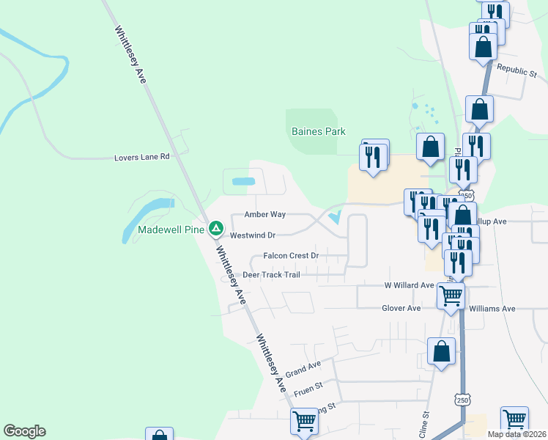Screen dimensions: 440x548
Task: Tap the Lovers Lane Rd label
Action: (142, 157)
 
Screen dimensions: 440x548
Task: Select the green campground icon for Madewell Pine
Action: (216, 229)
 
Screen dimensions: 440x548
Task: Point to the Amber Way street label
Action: (264, 215)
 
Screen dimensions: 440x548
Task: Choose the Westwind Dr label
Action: (252, 235)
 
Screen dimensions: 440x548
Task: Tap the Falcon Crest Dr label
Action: (291, 256)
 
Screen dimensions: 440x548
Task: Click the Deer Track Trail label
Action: (271, 275)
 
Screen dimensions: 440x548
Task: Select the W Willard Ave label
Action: (410, 285)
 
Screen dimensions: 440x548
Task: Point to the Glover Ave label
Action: (401, 308)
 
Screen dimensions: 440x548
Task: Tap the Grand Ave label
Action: (303, 370)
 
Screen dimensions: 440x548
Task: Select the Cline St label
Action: (424, 425)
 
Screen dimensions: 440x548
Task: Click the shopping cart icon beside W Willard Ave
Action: (451, 296)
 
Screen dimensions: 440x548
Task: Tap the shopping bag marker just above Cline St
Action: (441, 351)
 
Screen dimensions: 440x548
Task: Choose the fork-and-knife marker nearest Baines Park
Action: (373, 155)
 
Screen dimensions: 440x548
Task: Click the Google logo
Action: (24, 431)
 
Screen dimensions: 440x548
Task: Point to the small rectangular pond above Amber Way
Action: (243, 181)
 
